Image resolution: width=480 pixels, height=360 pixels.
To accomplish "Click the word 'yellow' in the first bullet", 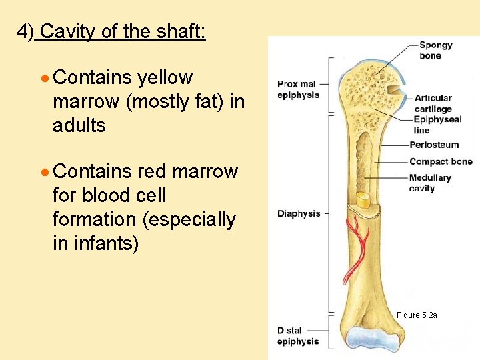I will [x=165, y=78].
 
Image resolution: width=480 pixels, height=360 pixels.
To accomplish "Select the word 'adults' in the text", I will [x=79, y=125].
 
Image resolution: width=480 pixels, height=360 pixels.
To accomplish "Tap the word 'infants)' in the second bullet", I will [x=96, y=243].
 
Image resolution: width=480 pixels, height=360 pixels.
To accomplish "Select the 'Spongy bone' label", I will [x=435, y=51].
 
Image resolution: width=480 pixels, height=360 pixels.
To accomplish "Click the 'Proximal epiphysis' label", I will [x=297, y=89].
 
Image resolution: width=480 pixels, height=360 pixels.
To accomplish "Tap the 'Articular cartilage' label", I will [x=433, y=103].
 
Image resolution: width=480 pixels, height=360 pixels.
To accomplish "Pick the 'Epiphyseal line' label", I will [x=437, y=125].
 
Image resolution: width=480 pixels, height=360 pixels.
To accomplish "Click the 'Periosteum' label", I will [x=434, y=145].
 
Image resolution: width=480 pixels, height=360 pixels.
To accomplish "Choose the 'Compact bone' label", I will [x=441, y=161].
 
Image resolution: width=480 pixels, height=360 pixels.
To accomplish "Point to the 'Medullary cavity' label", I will [x=430, y=183].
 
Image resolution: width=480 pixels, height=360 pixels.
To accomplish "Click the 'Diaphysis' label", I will [x=299, y=214].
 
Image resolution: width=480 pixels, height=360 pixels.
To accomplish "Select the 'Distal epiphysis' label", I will [x=298, y=336].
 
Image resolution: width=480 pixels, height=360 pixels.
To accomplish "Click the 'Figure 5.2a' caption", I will [x=417, y=315].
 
